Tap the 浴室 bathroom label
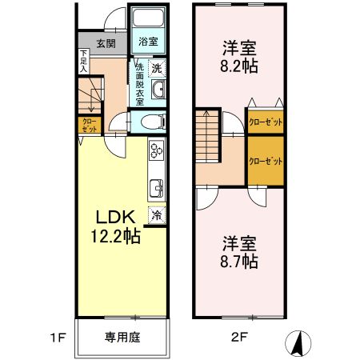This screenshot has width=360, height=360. click(147, 41)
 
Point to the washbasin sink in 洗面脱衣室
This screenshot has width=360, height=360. click(158, 90)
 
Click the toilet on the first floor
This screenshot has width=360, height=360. click(152, 121)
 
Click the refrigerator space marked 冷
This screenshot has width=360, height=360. click(157, 214)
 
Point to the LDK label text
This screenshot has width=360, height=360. click(117, 218)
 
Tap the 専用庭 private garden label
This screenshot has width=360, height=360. click(122, 338)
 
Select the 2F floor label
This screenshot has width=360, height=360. click(238, 338)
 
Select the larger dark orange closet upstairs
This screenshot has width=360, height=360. click(266, 161)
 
